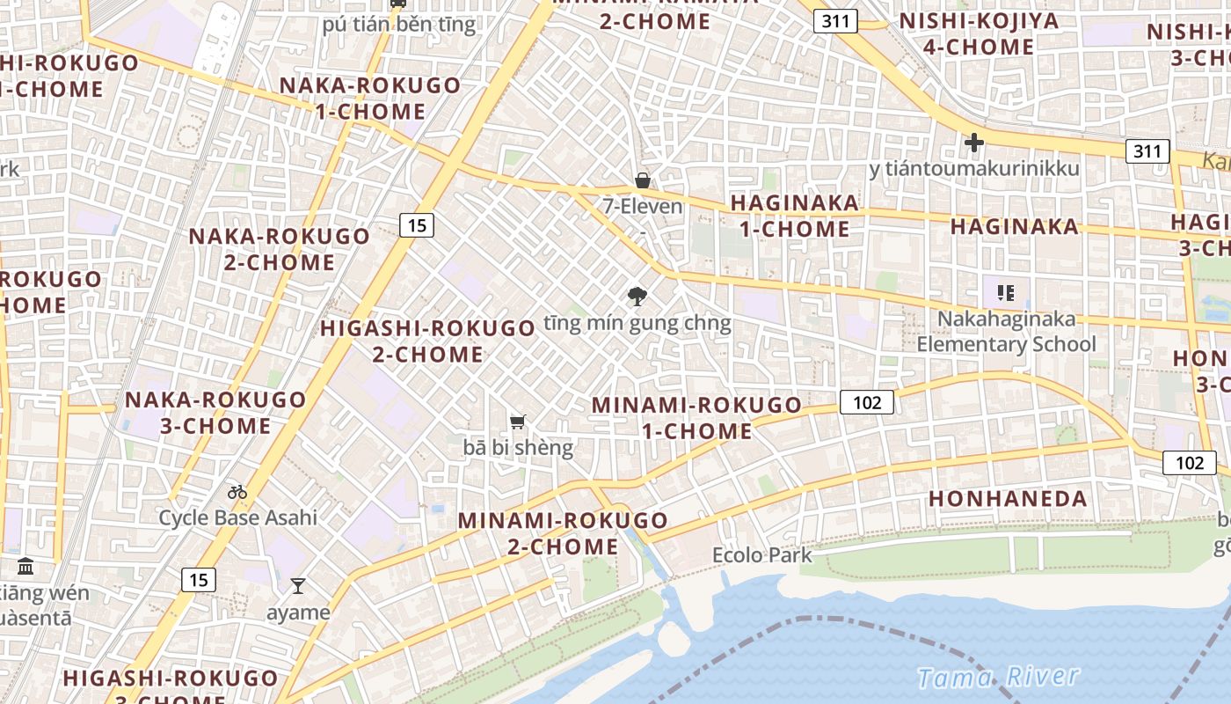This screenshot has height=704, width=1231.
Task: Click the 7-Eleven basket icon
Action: point(643,180)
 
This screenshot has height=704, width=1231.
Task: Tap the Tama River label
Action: point(997,677)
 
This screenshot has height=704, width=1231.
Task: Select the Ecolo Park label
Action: point(761,555)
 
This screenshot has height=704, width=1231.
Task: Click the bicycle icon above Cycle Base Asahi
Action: point(237,492)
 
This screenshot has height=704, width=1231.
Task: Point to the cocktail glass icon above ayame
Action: point(298,586)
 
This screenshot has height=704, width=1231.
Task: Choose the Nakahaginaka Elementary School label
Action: point(1006,332)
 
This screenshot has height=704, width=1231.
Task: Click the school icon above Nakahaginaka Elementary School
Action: point(1006,293)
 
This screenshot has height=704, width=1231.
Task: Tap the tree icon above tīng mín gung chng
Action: point(637,297)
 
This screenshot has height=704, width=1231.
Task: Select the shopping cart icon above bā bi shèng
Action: point(518,422)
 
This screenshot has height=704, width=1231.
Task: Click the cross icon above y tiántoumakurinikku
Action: point(973,143)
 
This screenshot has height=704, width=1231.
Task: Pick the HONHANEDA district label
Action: point(1008,498)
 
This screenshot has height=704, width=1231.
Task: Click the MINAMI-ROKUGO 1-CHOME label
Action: point(696,418)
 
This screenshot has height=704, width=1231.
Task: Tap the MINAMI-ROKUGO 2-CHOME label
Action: point(563,533)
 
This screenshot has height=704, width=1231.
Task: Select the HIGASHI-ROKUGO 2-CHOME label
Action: point(427,341)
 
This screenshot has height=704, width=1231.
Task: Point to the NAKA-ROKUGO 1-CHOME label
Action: point(370,99)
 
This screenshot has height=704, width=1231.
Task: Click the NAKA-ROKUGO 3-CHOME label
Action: point(215,413)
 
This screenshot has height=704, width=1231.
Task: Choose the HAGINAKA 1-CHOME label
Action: point(794,216)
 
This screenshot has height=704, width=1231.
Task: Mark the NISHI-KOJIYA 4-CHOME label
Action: point(979,33)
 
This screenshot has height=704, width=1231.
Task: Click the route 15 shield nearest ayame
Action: point(198,580)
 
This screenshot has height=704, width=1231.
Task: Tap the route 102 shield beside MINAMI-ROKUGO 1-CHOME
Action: point(867,402)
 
